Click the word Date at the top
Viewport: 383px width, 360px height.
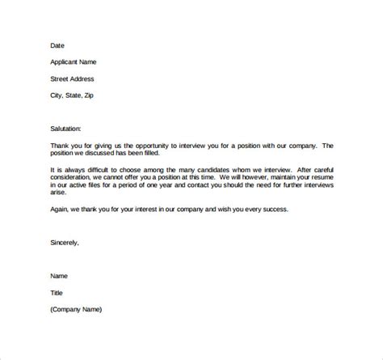pyautogui.click(x=57, y=45)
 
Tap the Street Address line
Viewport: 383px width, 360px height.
pyautogui.click(x=73, y=79)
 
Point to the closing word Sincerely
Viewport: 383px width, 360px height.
pyautogui.click(x=65, y=241)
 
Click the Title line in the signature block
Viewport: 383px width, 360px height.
pyautogui.click(x=57, y=293)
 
